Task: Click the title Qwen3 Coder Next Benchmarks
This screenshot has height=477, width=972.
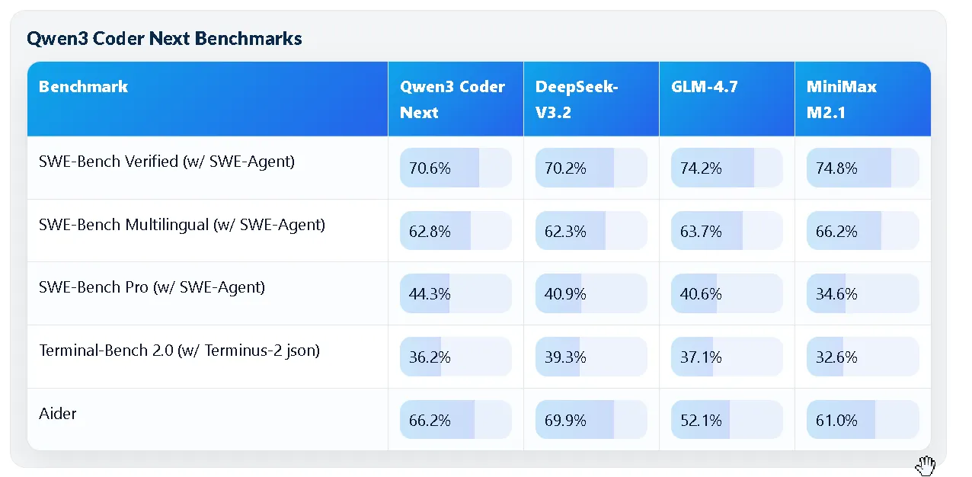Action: click(x=164, y=39)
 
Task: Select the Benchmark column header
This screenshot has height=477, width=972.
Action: click(x=83, y=87)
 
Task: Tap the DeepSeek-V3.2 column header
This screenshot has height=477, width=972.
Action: click(x=577, y=99)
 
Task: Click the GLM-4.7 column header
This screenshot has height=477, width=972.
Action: click(x=705, y=87)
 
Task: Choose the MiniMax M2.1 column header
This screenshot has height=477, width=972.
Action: click(x=842, y=99)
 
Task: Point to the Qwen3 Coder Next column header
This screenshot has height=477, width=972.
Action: click(x=452, y=99)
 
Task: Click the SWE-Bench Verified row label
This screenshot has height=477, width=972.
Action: click(x=167, y=162)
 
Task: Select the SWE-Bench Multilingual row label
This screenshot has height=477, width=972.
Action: click(x=182, y=225)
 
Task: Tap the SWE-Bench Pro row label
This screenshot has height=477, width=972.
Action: click(x=152, y=287)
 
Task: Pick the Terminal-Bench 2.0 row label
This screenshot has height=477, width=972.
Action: click(x=179, y=351)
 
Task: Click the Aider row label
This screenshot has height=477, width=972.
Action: click(x=58, y=414)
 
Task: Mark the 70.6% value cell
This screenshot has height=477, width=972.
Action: click(x=456, y=168)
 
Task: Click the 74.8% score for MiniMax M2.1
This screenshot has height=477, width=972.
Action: click(x=862, y=168)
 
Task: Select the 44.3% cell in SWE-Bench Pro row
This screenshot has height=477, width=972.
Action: click(x=456, y=294)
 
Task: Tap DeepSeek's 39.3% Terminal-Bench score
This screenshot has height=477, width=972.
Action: click(x=591, y=357)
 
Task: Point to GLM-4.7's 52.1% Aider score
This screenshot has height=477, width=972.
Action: click(x=727, y=420)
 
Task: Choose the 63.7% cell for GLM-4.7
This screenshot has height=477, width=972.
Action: click(x=727, y=231)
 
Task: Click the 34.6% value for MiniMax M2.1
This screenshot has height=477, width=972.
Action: click(x=862, y=294)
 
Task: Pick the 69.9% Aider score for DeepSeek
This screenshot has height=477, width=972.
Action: click(x=591, y=420)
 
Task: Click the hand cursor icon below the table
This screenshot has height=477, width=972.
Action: click(x=926, y=466)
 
